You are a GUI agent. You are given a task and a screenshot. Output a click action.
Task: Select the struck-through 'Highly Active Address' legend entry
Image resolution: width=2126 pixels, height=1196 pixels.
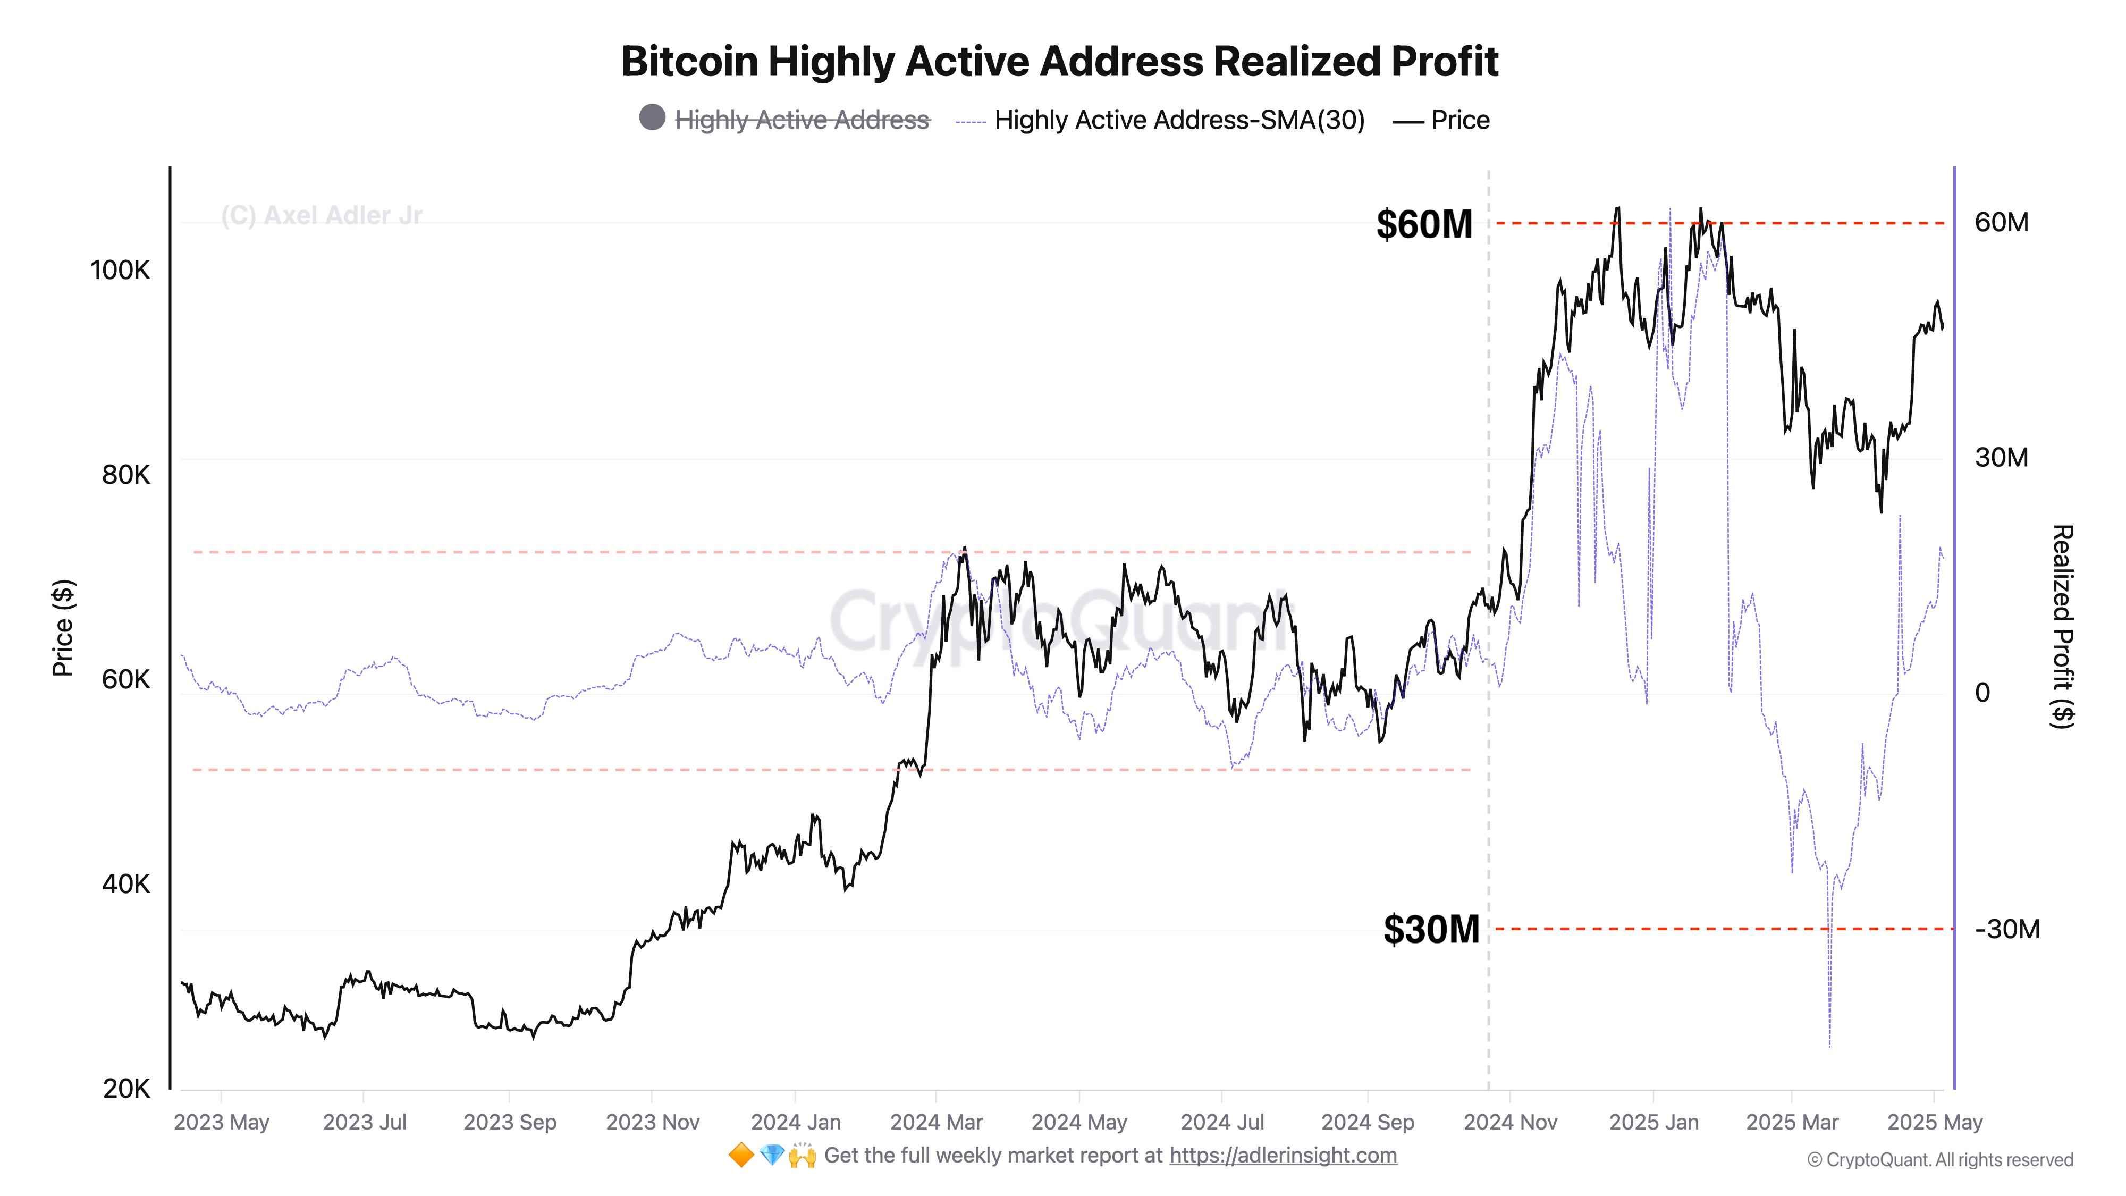(x=802, y=121)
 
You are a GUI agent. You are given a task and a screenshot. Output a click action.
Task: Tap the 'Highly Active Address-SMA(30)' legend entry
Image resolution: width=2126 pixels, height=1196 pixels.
(x=1178, y=121)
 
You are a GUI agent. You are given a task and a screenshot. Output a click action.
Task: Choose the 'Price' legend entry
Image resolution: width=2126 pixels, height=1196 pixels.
(x=1459, y=121)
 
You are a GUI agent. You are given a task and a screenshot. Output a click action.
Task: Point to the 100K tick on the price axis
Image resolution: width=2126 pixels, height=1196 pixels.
(x=121, y=270)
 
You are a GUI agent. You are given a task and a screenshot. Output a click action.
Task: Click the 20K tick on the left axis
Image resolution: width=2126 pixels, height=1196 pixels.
(x=126, y=1089)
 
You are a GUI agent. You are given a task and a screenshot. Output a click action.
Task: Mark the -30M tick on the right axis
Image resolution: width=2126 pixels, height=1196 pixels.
(x=2007, y=929)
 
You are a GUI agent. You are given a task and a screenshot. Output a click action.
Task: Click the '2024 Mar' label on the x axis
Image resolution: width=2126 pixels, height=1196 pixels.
(x=937, y=1123)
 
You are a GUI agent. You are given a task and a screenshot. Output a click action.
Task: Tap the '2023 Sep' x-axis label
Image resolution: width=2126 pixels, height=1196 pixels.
(x=510, y=1123)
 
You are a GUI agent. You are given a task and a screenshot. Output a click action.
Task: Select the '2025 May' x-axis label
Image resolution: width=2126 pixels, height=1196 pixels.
(x=1935, y=1123)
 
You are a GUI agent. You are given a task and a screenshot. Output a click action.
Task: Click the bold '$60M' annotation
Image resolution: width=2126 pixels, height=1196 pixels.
(x=1424, y=224)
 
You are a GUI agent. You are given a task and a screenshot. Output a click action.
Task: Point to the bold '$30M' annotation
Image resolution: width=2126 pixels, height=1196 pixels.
(x=1431, y=929)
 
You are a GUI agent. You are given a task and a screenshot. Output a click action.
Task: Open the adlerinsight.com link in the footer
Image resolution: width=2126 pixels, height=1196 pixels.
(x=1283, y=1156)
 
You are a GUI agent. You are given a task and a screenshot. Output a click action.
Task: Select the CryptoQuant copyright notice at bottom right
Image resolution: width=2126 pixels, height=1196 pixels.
(x=1939, y=1160)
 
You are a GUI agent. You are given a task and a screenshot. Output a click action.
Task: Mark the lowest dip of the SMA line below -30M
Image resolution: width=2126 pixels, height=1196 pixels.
(x=1830, y=1047)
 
